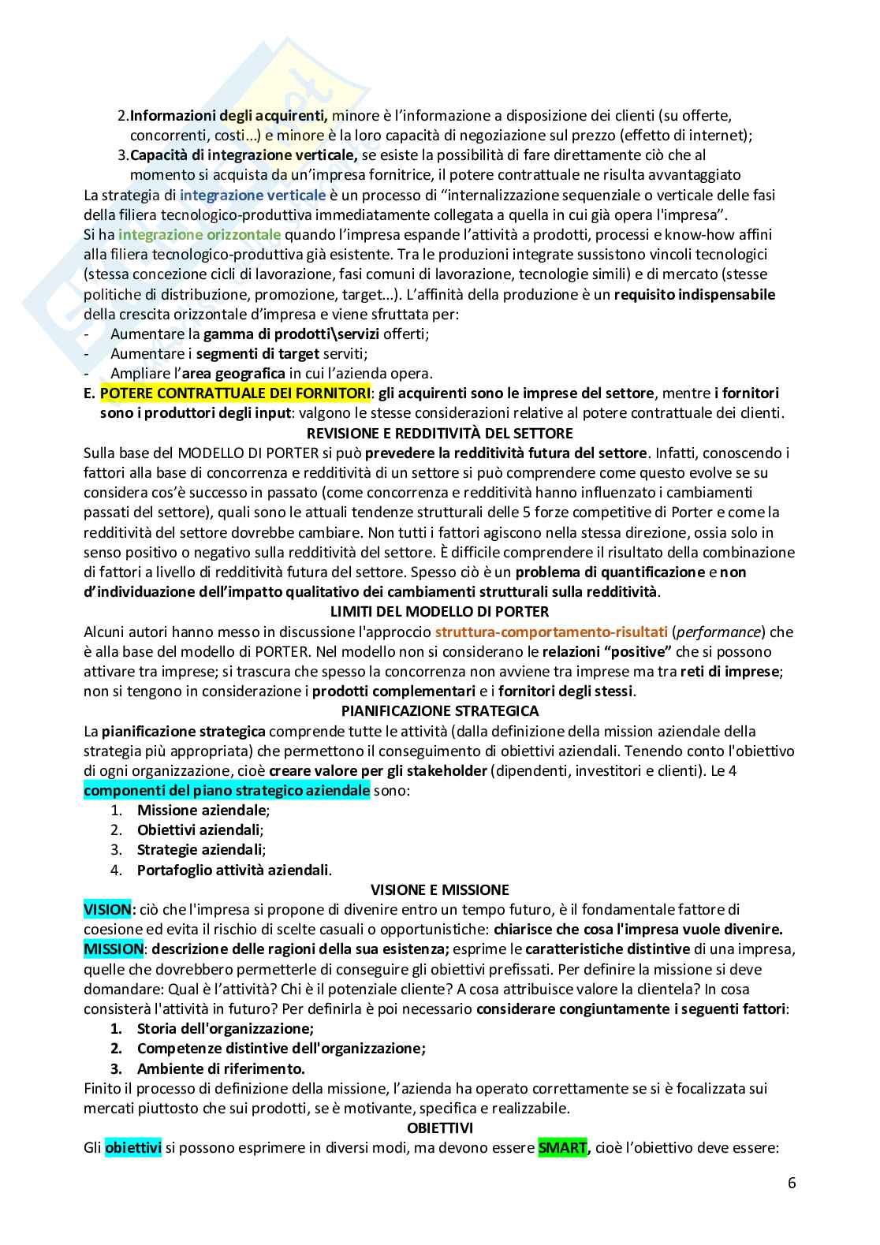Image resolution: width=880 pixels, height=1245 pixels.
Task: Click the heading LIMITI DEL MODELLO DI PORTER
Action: click(439, 612)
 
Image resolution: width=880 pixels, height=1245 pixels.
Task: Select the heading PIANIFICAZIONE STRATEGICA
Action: click(439, 711)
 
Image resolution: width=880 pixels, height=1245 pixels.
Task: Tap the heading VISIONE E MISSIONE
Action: click(439, 890)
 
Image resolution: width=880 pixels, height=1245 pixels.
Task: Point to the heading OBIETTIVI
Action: click(439, 1128)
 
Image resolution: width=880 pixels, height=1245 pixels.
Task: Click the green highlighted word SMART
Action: click(562, 1148)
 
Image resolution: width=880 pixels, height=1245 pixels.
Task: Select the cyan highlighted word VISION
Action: click(109, 910)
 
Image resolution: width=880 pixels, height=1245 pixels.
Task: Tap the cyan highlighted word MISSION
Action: click(114, 949)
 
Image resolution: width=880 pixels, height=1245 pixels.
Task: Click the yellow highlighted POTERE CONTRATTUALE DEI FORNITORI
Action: click(235, 393)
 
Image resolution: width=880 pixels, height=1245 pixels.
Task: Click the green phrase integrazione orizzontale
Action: click(199, 234)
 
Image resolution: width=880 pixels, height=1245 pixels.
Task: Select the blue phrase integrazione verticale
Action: click(252, 195)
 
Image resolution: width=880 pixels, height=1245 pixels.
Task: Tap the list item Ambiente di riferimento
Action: click(220, 1069)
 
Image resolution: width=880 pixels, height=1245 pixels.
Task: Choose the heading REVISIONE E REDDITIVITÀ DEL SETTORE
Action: click(439, 433)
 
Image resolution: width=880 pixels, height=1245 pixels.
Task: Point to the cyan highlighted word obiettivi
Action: click(133, 1148)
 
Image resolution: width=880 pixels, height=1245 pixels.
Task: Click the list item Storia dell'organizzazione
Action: click(225, 1029)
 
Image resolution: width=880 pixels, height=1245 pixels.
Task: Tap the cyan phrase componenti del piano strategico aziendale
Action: click(226, 791)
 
